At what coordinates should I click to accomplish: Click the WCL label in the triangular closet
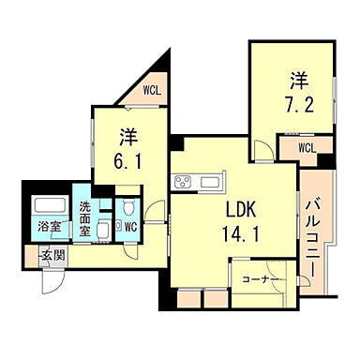click(152, 90)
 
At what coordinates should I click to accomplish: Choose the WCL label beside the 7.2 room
click(306, 146)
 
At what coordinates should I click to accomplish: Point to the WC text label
click(131, 225)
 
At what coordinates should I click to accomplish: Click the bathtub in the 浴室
click(49, 206)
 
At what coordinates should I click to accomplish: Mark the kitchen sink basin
click(210, 181)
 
